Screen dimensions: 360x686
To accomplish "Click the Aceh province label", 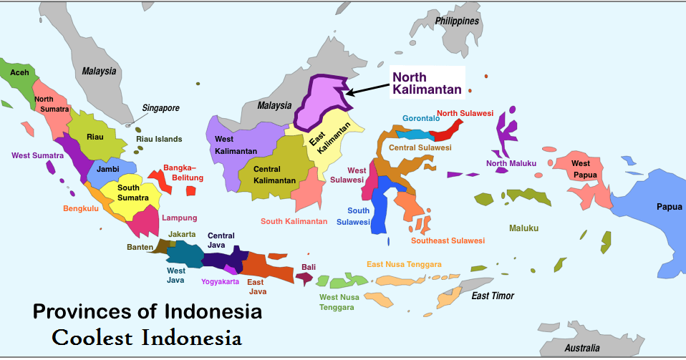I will click(x=19, y=73).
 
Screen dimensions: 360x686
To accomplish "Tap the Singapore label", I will click(x=160, y=108).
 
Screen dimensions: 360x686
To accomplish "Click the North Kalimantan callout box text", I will click(x=427, y=83).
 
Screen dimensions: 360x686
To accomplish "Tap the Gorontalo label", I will click(x=420, y=118).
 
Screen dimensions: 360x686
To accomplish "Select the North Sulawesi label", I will click(x=465, y=113).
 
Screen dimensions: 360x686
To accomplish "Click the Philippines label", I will click(x=457, y=21).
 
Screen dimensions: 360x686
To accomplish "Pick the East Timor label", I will click(x=493, y=296).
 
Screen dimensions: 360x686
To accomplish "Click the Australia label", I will click(x=581, y=348).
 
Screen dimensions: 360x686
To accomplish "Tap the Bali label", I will click(x=309, y=267).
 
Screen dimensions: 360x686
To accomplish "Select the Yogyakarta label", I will click(x=220, y=282).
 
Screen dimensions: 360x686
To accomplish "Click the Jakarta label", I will click(x=182, y=234).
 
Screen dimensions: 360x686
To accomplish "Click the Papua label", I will click(x=670, y=207).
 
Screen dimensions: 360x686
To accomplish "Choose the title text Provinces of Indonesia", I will click(x=147, y=312).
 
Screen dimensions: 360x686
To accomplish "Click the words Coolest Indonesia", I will click(x=147, y=336).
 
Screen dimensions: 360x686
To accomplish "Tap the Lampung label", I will click(x=179, y=218).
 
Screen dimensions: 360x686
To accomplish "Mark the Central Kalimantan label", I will click(x=275, y=174).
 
